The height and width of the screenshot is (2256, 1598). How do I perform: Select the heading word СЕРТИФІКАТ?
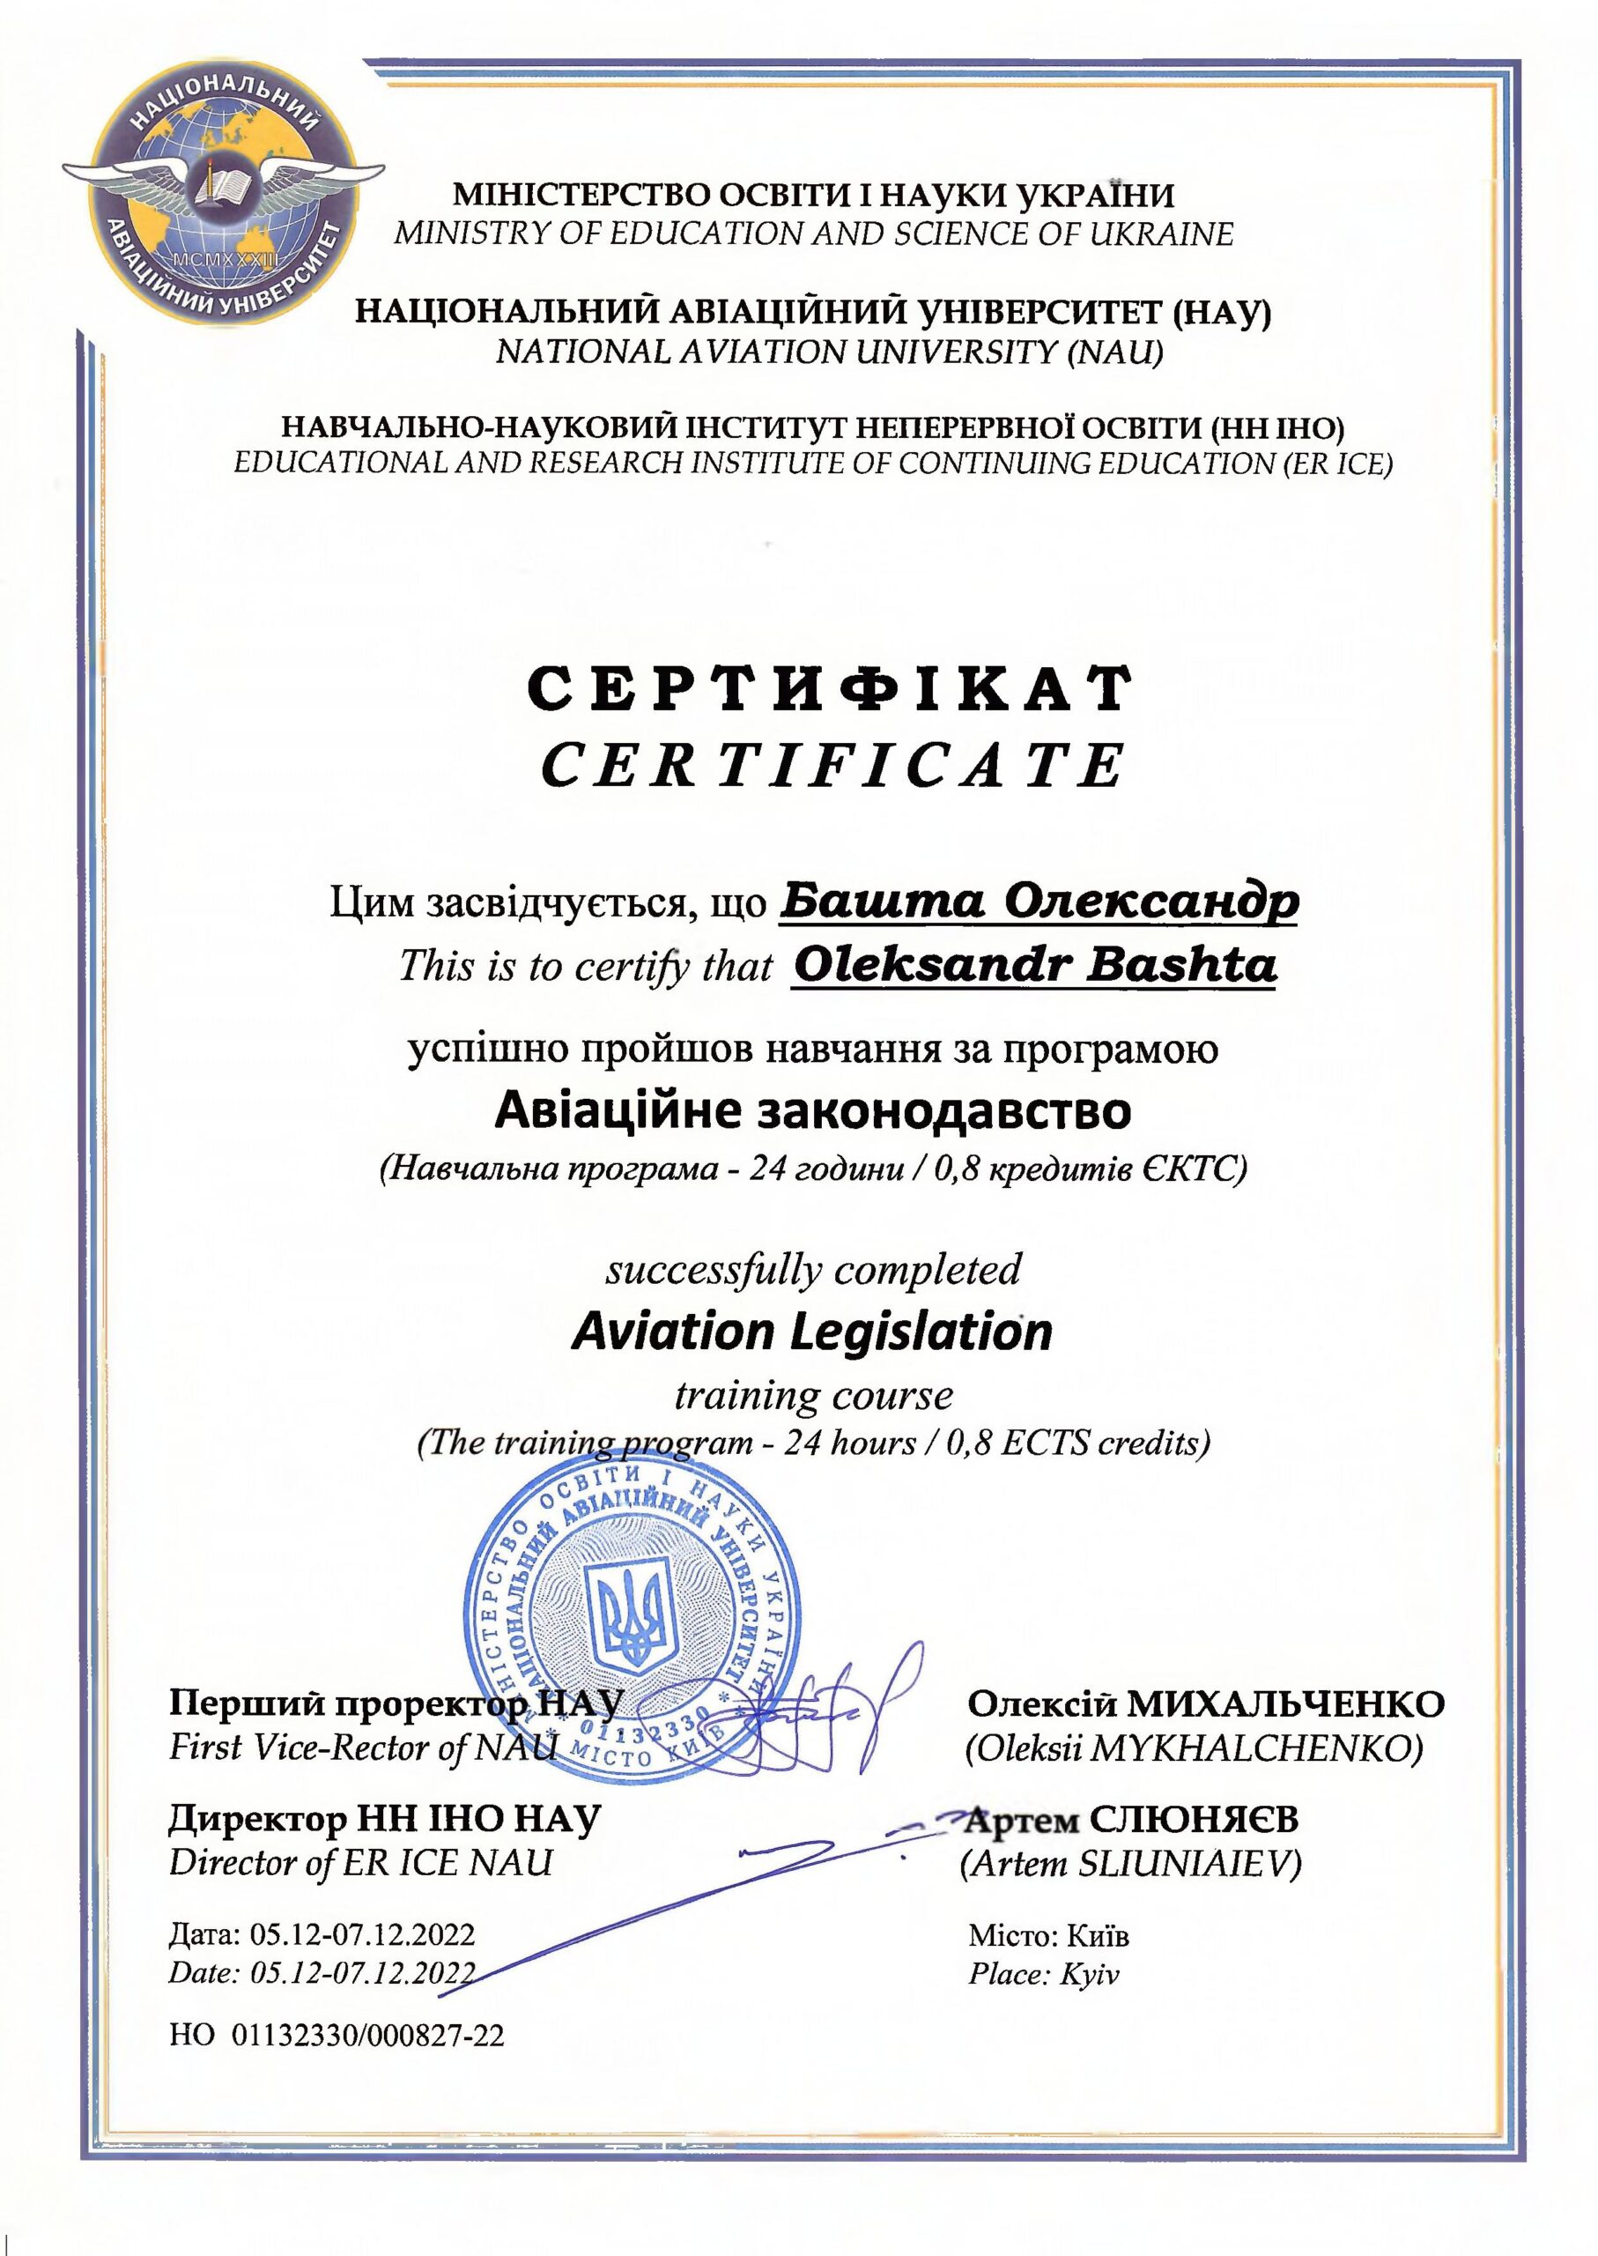pos(829,688)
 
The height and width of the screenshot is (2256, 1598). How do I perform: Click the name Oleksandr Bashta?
pos(1034,966)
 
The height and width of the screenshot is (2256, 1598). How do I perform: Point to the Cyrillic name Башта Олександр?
pos(1039,901)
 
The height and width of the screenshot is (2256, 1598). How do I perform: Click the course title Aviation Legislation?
pos(812,1332)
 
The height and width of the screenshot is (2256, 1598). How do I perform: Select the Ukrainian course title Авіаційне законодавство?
pos(813,1110)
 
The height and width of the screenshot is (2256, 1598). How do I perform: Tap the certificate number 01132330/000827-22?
pos(367,2036)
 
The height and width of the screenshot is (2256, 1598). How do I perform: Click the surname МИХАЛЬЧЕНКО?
pos(1285,1703)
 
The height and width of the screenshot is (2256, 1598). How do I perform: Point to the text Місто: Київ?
pos(1049,1936)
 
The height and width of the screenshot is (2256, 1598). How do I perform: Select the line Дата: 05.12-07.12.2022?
pos(322,1935)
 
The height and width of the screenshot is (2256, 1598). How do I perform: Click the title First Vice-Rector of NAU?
pos(363,1748)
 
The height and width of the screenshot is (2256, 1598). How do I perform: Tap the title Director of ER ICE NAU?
pos(361,1862)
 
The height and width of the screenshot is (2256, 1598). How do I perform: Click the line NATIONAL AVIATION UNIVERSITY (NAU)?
pos(830,352)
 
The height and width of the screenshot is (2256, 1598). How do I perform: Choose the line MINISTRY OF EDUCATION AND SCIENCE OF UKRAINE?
pos(813,234)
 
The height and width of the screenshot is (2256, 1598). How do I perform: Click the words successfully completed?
pos(813,1270)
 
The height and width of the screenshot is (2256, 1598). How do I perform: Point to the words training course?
pos(813,1395)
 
